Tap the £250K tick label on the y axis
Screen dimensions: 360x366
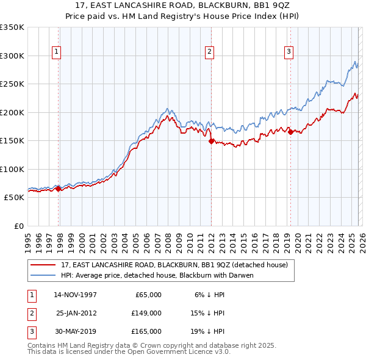tap(12, 84)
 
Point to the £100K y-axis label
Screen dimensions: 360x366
tap(12, 169)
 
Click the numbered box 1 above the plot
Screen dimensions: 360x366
tap(56, 52)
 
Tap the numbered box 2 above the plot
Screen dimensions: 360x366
tap(209, 52)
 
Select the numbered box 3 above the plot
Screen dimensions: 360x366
tap(288, 52)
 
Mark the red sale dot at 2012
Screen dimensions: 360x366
tap(211, 141)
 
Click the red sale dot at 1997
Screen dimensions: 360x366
tap(59, 189)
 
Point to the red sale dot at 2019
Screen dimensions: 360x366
tap(290, 132)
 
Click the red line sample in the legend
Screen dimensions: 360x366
tap(44, 265)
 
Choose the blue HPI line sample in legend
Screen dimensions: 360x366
tap(44, 275)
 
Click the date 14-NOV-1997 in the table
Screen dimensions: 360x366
tap(75, 295)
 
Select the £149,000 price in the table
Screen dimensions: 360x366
tap(146, 313)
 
